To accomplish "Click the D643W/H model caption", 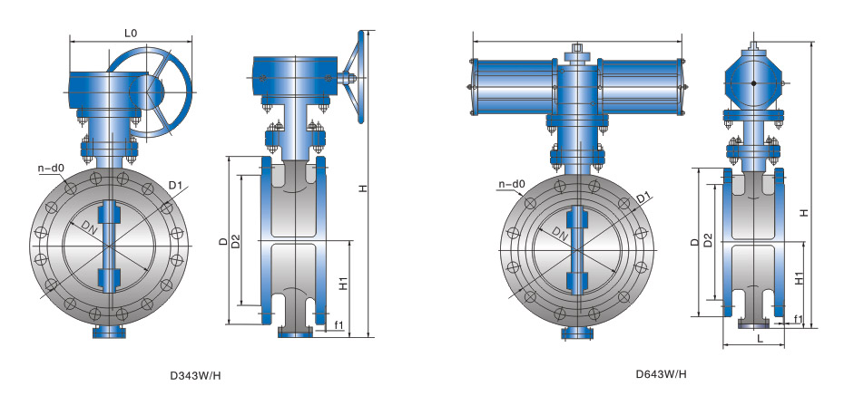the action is coord(661,374).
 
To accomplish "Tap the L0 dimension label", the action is coord(131,34).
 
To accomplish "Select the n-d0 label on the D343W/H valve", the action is coord(51,169).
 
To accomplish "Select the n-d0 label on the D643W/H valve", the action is coord(511,184).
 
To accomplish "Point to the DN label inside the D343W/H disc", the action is coord(89,227).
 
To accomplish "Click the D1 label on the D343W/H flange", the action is coord(175,186).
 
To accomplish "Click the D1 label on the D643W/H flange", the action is coord(643,198).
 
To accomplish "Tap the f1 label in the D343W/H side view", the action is coord(339,324).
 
